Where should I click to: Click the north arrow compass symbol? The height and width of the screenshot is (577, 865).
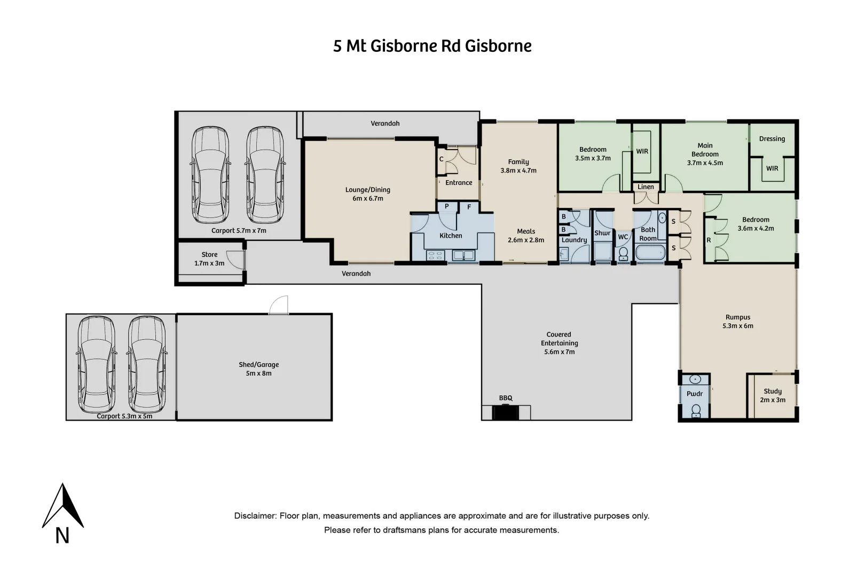pyautogui.click(x=63, y=506)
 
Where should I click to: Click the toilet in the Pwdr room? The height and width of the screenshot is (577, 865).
pyautogui.click(x=695, y=410)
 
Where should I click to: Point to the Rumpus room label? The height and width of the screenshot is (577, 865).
pyautogui.click(x=738, y=317)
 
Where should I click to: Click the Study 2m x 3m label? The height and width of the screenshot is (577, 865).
pyautogui.click(x=773, y=395)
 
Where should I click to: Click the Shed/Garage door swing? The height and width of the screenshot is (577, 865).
pyautogui.click(x=279, y=305)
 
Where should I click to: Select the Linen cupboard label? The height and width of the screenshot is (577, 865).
pyautogui.click(x=646, y=187)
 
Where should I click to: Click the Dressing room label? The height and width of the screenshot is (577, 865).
pyautogui.click(x=772, y=139)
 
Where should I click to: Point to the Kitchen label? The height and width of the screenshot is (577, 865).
pyautogui.click(x=451, y=236)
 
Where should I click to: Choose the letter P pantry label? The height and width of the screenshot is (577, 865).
pyautogui.click(x=446, y=206)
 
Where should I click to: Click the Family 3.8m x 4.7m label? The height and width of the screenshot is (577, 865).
pyautogui.click(x=518, y=166)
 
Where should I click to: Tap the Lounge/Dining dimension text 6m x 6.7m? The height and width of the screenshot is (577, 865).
pyautogui.click(x=368, y=199)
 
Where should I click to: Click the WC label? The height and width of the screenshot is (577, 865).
pyautogui.click(x=623, y=237)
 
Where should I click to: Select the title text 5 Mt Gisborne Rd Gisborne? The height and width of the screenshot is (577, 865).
pyautogui.click(x=432, y=46)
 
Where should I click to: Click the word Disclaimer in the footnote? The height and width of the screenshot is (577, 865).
pyautogui.click(x=255, y=516)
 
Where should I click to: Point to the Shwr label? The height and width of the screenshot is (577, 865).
pyautogui.click(x=602, y=233)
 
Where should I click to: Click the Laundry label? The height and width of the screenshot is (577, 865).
pyautogui.click(x=574, y=240)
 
